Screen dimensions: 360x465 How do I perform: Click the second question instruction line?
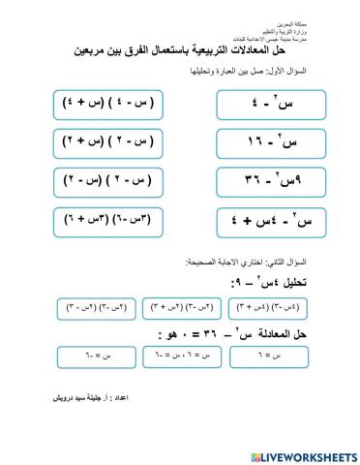[x=231, y=263]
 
